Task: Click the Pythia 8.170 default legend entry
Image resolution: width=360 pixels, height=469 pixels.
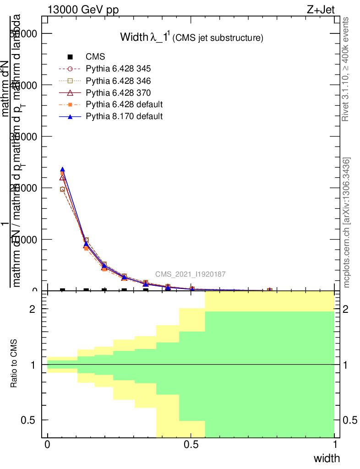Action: [x=124, y=116]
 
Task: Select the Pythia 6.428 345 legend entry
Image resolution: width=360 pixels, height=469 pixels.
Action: [x=119, y=69]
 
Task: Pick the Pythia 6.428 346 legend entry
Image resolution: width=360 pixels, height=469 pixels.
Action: [x=119, y=81]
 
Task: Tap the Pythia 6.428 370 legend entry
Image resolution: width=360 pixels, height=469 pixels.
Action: [x=119, y=93]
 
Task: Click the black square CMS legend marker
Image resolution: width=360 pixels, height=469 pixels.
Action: [x=70, y=57]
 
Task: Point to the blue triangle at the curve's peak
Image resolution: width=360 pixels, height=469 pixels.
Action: [x=62, y=169]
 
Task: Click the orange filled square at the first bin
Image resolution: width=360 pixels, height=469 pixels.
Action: [x=62, y=173]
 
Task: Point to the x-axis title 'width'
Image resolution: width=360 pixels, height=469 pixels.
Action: [x=327, y=458]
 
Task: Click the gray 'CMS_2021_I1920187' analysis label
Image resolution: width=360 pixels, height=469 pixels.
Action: [x=190, y=274]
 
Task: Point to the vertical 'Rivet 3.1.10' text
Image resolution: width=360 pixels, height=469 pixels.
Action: [x=346, y=69]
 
